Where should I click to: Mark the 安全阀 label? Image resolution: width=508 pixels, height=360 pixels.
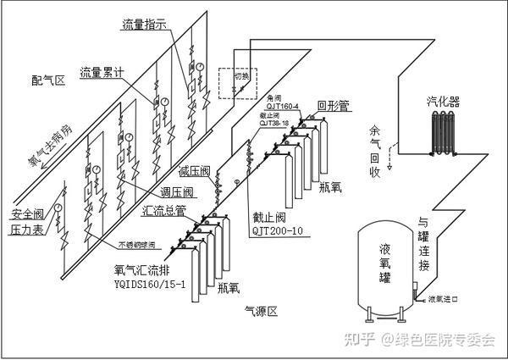point(28,213)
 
